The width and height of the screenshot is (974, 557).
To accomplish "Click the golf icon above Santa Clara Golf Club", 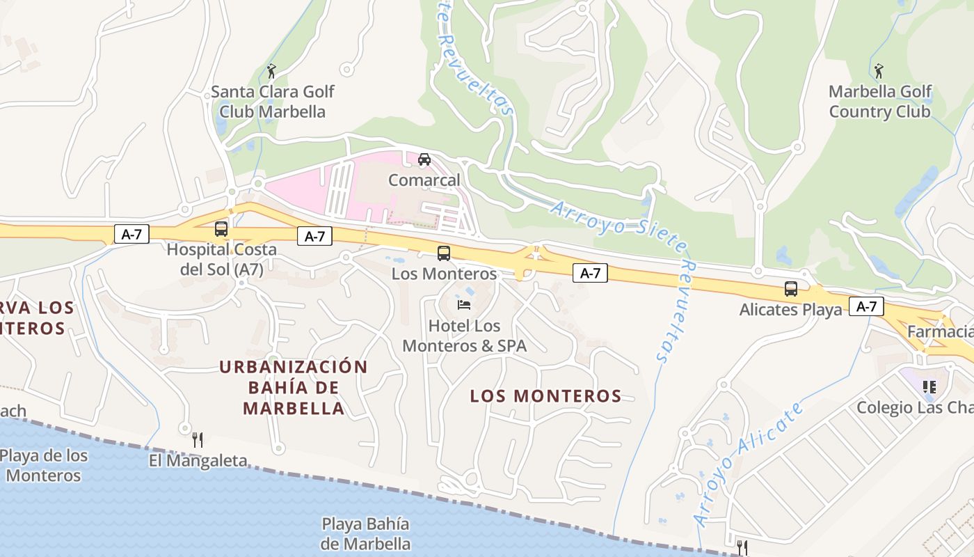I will tap(271, 71).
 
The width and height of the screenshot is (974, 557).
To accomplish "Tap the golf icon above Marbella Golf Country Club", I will tap(879, 71).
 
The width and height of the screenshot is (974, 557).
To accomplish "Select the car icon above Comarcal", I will tap(424, 159).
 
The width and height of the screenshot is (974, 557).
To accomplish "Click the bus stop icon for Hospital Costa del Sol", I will tap(221, 228).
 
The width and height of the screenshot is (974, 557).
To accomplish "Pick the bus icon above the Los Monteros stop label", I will tap(444, 253).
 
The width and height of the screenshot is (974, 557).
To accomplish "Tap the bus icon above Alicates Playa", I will tap(790, 289).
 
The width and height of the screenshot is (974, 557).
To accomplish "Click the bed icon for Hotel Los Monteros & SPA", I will tap(464, 305).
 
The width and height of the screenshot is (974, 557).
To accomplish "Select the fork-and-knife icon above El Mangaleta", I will tap(198, 439).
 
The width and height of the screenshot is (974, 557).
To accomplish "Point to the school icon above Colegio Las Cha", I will tap(929, 386).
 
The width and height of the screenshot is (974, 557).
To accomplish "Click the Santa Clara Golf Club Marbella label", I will tap(272, 102).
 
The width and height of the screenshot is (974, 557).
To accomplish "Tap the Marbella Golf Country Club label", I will tap(880, 102).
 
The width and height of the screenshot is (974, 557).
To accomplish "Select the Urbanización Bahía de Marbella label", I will tap(294, 387).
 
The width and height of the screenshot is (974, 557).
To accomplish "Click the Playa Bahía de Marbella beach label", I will tap(365, 533).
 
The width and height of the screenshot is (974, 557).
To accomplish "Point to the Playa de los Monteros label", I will tap(44, 466).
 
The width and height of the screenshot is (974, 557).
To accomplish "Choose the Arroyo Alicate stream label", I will tap(748, 463).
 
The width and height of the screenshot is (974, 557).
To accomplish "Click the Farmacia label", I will tap(940, 331).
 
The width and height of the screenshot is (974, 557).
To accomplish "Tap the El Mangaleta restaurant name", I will tap(198, 460).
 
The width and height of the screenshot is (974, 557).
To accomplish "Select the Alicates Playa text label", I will tap(790, 309).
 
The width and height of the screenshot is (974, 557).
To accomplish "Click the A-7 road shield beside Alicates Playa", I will tap(866, 306).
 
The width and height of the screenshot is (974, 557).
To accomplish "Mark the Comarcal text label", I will tap(424, 180).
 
